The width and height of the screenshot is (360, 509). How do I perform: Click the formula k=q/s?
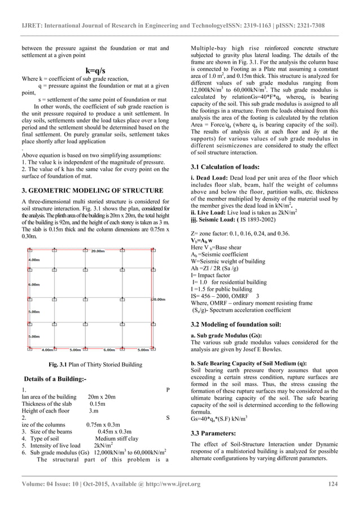pyautogui.click(x=94, y=70)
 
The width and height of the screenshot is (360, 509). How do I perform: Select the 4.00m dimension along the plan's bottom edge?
pyautogui.click(x=47, y=349)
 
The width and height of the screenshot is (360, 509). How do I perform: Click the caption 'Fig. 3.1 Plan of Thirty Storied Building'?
pyautogui.click(x=95, y=365)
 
